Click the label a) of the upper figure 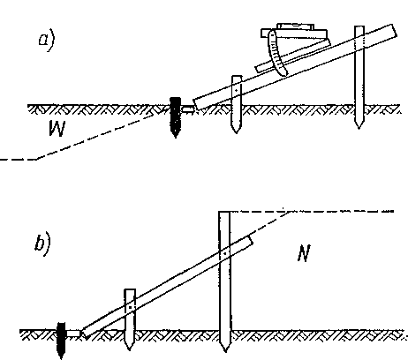[x=47, y=41]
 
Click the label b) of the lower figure [x=43, y=244]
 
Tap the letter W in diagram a [x=57, y=128]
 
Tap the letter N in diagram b [x=304, y=253]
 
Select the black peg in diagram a [x=176, y=117]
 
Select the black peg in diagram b [x=61, y=340]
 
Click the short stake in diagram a [x=237, y=104]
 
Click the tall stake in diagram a [x=359, y=77]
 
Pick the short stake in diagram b [x=130, y=319]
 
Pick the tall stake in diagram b [x=224, y=281]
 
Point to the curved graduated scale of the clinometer [x=276, y=54]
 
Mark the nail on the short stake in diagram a [x=236, y=91]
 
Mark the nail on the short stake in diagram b [x=130, y=307]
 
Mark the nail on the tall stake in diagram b [x=225, y=253]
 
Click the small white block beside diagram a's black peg [x=187, y=109]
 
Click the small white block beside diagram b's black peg [x=73, y=334]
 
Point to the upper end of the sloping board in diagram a [x=395, y=31]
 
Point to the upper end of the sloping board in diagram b [x=250, y=241]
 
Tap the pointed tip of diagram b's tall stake [x=225, y=352]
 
